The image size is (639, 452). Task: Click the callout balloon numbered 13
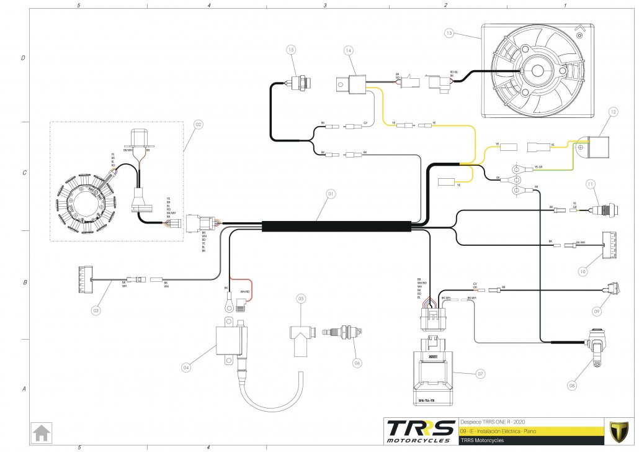tap(450, 32)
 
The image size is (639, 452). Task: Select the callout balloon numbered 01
tap(331, 194)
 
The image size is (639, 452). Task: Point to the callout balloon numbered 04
tap(185, 367)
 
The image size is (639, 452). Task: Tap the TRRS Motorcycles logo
tap(418, 431)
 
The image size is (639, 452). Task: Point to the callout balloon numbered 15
tap(292, 49)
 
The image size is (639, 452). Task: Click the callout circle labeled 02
tap(199, 124)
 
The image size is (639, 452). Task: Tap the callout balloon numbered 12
tap(613, 112)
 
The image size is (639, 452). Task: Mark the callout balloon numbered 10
tap(583, 271)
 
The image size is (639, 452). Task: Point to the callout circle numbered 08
tap(572, 385)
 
